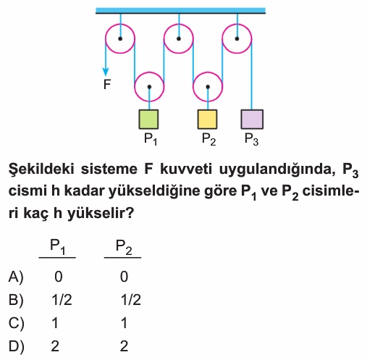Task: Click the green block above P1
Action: click(148, 120)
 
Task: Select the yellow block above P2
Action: click(207, 120)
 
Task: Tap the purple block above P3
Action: click(252, 120)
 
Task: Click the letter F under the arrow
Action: click(107, 85)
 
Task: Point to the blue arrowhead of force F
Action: click(106, 72)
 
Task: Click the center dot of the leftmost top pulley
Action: click(120, 38)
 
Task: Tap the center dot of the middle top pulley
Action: click(179, 38)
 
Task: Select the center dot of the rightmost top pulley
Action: click(237, 38)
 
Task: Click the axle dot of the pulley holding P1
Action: click(149, 87)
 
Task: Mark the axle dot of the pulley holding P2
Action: click(208, 87)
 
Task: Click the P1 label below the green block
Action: click(151, 139)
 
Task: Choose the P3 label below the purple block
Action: click(252, 139)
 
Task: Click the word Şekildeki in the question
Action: click(41, 169)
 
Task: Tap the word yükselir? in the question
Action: click(100, 213)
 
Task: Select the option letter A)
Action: click(16, 277)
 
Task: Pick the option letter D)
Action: click(16, 346)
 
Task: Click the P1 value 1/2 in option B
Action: click(62, 300)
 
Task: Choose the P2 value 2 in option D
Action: click(124, 346)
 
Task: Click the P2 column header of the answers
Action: click(124, 247)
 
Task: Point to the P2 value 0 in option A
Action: click(124, 277)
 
